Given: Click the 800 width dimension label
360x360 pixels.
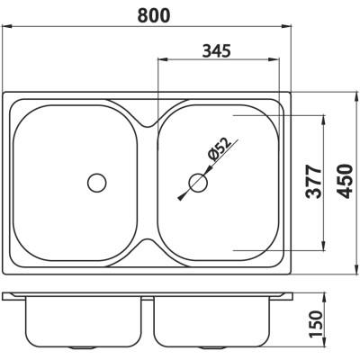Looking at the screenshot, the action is click(x=154, y=15).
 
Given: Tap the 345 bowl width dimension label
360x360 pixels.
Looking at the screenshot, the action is click(x=217, y=50).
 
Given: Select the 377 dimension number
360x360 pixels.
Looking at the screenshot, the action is click(x=313, y=182).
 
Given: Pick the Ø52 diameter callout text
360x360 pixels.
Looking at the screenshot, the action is click(x=220, y=148).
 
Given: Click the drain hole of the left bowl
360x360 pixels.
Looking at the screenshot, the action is click(x=97, y=183).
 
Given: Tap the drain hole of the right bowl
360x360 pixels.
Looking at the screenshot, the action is click(x=198, y=183).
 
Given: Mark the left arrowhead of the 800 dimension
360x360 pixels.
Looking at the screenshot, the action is click(x=6, y=27).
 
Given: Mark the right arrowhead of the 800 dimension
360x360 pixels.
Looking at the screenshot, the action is click(x=287, y=27).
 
